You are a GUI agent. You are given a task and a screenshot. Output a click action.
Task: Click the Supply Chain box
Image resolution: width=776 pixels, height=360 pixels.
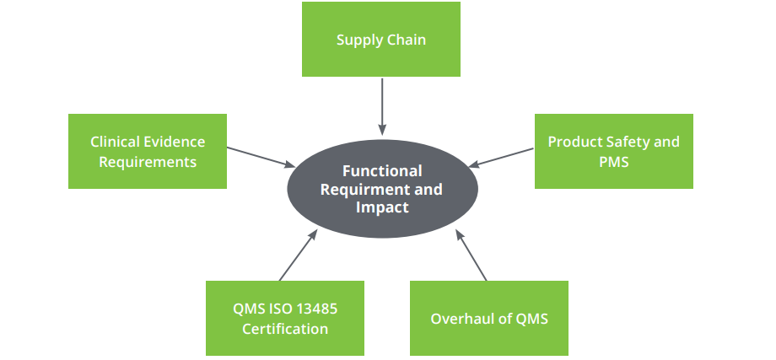[381, 40]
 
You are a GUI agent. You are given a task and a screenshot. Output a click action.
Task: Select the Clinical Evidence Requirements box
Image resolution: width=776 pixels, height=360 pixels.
[148, 151]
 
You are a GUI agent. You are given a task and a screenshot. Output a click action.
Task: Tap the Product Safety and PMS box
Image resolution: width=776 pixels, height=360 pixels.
[613, 151]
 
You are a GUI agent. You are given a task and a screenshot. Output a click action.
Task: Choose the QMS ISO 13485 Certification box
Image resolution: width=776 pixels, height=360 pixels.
[285, 318]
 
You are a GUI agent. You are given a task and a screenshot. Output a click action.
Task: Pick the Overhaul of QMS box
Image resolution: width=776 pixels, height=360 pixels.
[488, 318]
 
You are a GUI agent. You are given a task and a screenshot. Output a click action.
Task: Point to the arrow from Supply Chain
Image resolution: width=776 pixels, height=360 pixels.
[382, 106]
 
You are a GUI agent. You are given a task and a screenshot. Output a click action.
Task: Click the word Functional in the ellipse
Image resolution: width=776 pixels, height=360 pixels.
[382, 171]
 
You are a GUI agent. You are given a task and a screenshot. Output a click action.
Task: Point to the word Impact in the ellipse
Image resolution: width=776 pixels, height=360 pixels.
[382, 207]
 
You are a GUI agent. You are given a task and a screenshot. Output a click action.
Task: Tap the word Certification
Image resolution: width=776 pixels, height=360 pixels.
[285, 329]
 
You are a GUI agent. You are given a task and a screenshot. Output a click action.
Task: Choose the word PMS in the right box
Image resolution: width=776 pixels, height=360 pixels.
[613, 161]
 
